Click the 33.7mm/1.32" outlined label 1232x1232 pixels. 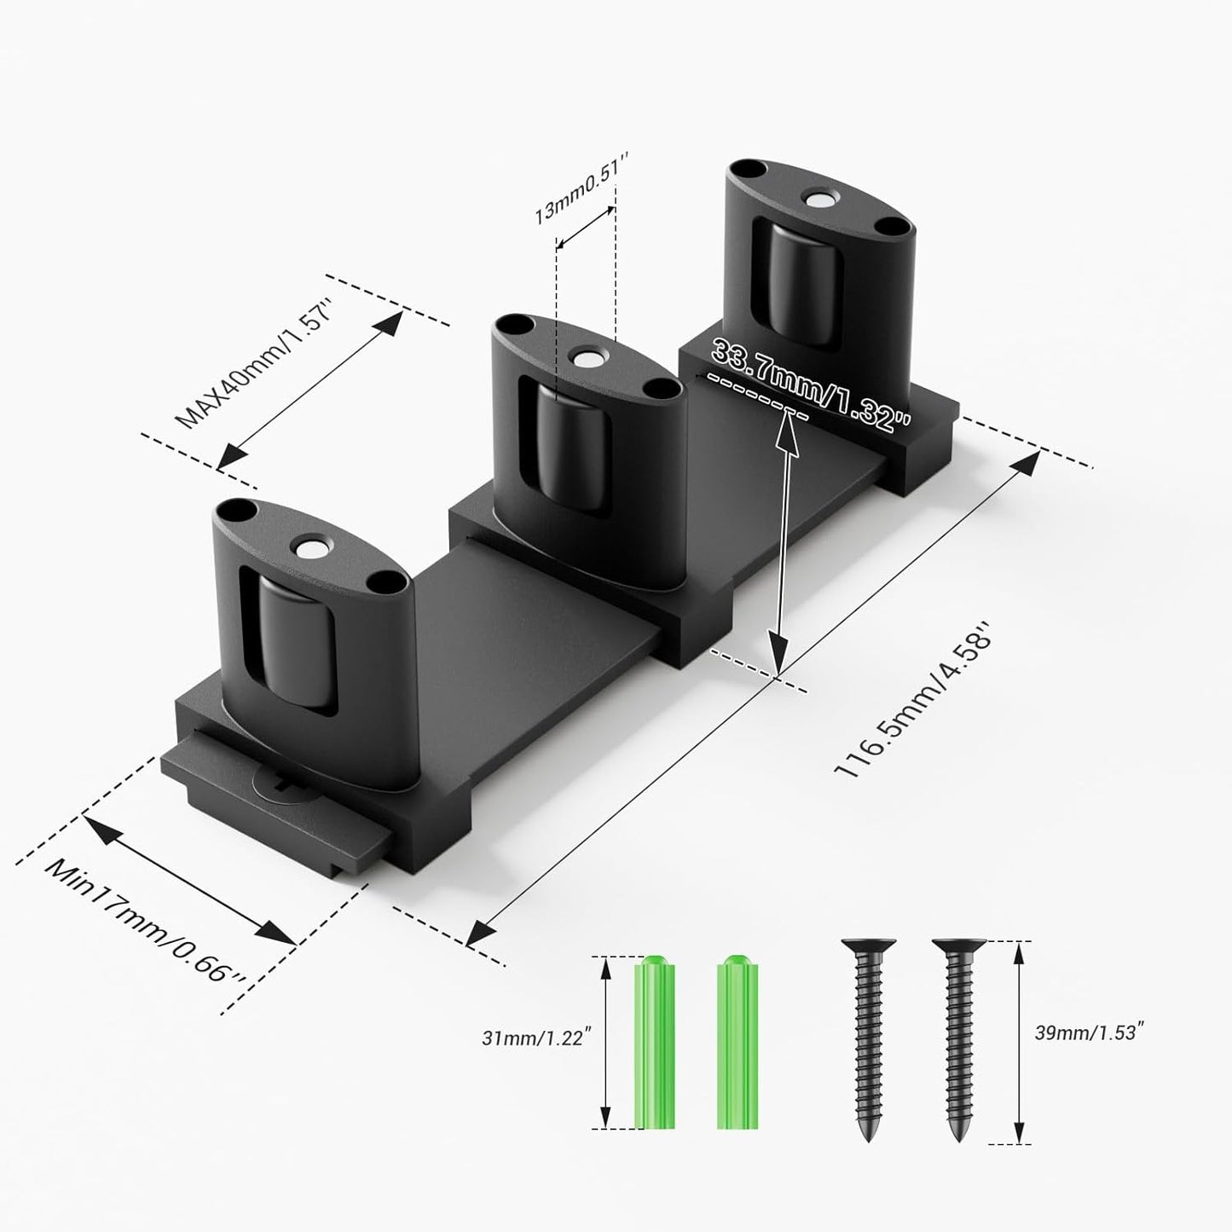[x=811, y=384]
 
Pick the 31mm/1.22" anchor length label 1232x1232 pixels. [x=536, y=1039]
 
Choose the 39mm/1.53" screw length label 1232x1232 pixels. [x=1088, y=1032]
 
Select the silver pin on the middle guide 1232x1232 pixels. [x=587, y=359]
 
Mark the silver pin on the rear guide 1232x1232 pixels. [x=821, y=200]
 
